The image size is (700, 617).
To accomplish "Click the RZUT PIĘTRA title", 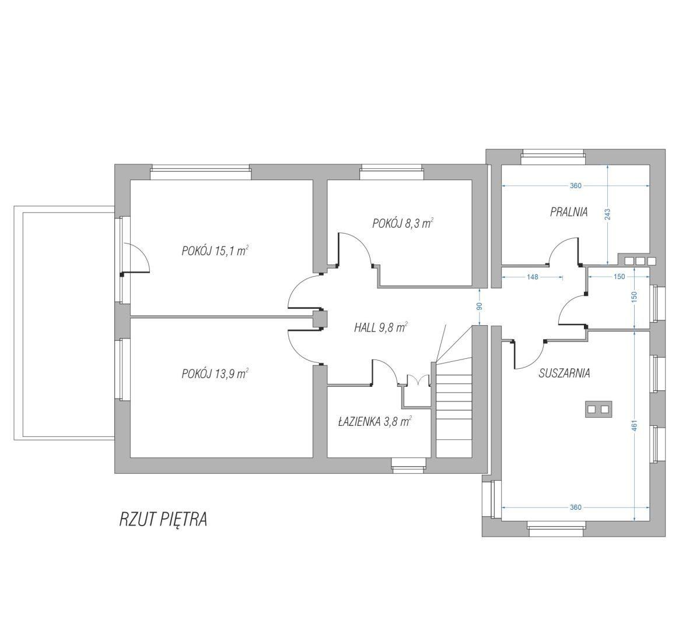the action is coord(163,520).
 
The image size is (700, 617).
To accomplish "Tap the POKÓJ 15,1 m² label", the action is coord(215,251).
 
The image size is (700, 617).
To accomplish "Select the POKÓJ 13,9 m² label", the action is coord(215,373).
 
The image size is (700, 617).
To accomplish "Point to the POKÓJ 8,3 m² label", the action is coord(402,223).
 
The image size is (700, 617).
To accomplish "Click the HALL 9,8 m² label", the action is coord(380,327).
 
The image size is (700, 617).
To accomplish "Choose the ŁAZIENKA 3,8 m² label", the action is coord(374,421).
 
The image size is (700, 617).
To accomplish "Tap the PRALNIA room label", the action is coord(568,212).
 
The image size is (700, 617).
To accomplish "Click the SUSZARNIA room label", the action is coord(564,373).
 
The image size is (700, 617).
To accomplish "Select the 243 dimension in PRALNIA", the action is coord(608,214).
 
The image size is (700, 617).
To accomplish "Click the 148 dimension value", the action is coord(533,277).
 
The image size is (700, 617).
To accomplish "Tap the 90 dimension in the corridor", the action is coord(480,306).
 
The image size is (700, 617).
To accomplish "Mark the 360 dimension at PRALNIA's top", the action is coord(575,186).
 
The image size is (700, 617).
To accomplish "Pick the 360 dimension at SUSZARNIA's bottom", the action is coord(575,507).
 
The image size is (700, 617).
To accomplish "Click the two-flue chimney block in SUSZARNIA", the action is coord(598,409).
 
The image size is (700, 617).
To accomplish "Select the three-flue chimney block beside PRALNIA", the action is coord(638,260).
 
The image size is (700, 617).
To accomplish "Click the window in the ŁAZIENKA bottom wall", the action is coord(408,466).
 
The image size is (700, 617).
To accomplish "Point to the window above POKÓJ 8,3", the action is coord(391,172).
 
